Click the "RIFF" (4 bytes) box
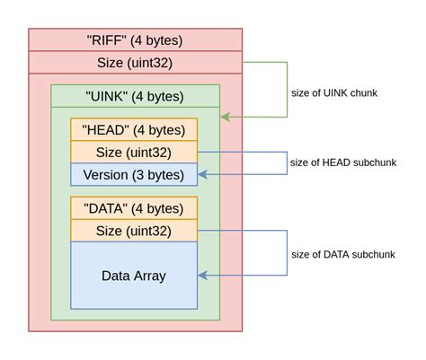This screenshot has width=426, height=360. tap(135, 40)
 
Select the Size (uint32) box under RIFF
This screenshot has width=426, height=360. tap(135, 62)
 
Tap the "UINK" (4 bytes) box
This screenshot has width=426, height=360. tap(135, 96)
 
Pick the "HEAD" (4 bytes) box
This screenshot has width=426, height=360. tap(134, 129)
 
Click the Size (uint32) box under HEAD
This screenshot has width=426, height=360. tap(134, 152)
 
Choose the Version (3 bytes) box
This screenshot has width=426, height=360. tap(134, 174)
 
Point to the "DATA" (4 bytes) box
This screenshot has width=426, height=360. tap(134, 209)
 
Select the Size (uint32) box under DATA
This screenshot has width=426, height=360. tap(134, 232)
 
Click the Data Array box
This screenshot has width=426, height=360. tap(134, 276)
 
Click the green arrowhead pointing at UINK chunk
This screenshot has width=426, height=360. tap(225, 117)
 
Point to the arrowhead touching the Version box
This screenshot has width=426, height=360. tap(202, 174)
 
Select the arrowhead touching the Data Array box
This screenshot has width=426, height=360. tap(202, 276)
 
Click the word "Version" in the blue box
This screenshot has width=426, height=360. tap(106, 174)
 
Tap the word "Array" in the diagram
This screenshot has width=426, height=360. tap(150, 276)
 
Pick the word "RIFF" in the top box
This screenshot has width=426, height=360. tap(105, 40)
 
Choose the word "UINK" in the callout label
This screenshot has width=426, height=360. tap(339, 92)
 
